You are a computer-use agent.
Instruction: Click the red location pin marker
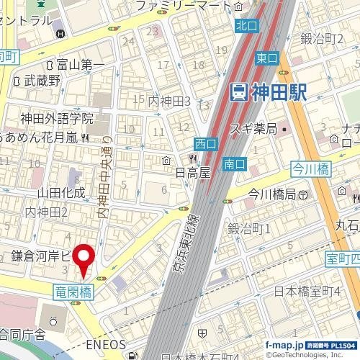tap(86, 260)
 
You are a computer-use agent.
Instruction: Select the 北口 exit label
tap(246, 26)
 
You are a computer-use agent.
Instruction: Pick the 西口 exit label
tap(205, 144)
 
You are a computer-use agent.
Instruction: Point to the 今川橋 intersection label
tap(310, 168)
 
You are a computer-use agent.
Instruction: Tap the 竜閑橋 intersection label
tap(73, 291)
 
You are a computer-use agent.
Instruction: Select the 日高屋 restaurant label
tap(193, 173)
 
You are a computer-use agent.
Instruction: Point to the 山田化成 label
tap(60, 192)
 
